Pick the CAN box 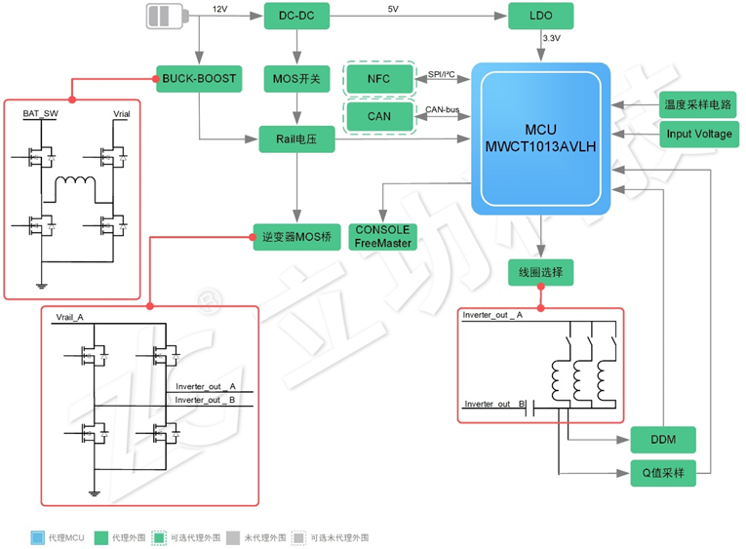tap(378, 116)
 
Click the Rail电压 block tap(296, 140)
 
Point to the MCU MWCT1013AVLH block tap(541, 139)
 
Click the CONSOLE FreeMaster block tap(382, 236)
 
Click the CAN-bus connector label tap(442, 109)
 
